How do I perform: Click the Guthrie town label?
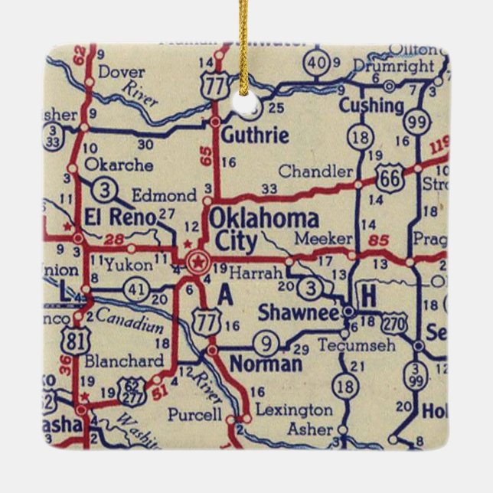tap(255, 136)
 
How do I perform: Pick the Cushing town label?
tap(371, 105)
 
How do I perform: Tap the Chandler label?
tap(316, 171)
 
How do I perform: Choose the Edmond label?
tap(165, 196)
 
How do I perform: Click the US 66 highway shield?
tap(390, 179)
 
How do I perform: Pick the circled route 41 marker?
tap(136, 289)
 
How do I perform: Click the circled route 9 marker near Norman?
tap(265, 342)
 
